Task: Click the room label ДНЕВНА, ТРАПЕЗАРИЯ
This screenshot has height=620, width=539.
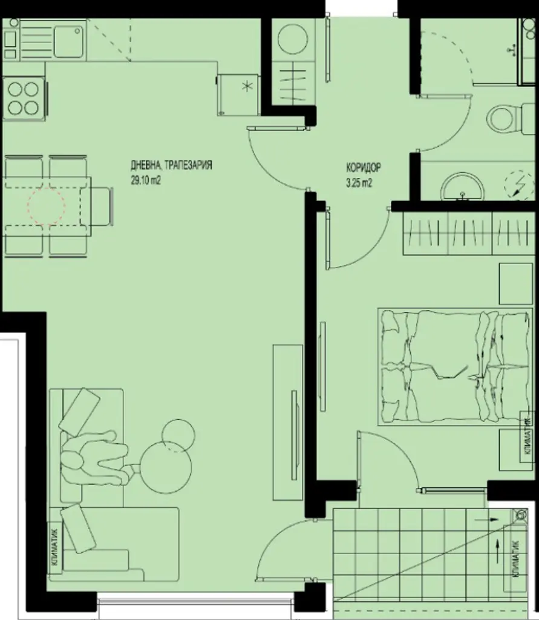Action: click(172, 165)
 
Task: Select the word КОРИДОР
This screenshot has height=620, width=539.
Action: click(364, 168)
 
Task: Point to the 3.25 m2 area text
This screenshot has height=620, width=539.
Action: click(359, 183)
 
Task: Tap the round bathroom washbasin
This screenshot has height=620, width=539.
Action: click(462, 186)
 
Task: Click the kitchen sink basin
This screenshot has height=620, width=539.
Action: click(69, 41)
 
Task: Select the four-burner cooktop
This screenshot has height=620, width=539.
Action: click(24, 98)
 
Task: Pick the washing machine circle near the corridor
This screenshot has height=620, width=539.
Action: click(293, 39)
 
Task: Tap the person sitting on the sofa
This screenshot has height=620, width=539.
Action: click(95, 459)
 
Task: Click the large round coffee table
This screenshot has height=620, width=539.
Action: click(166, 467)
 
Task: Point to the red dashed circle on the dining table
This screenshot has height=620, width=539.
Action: click(46, 206)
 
